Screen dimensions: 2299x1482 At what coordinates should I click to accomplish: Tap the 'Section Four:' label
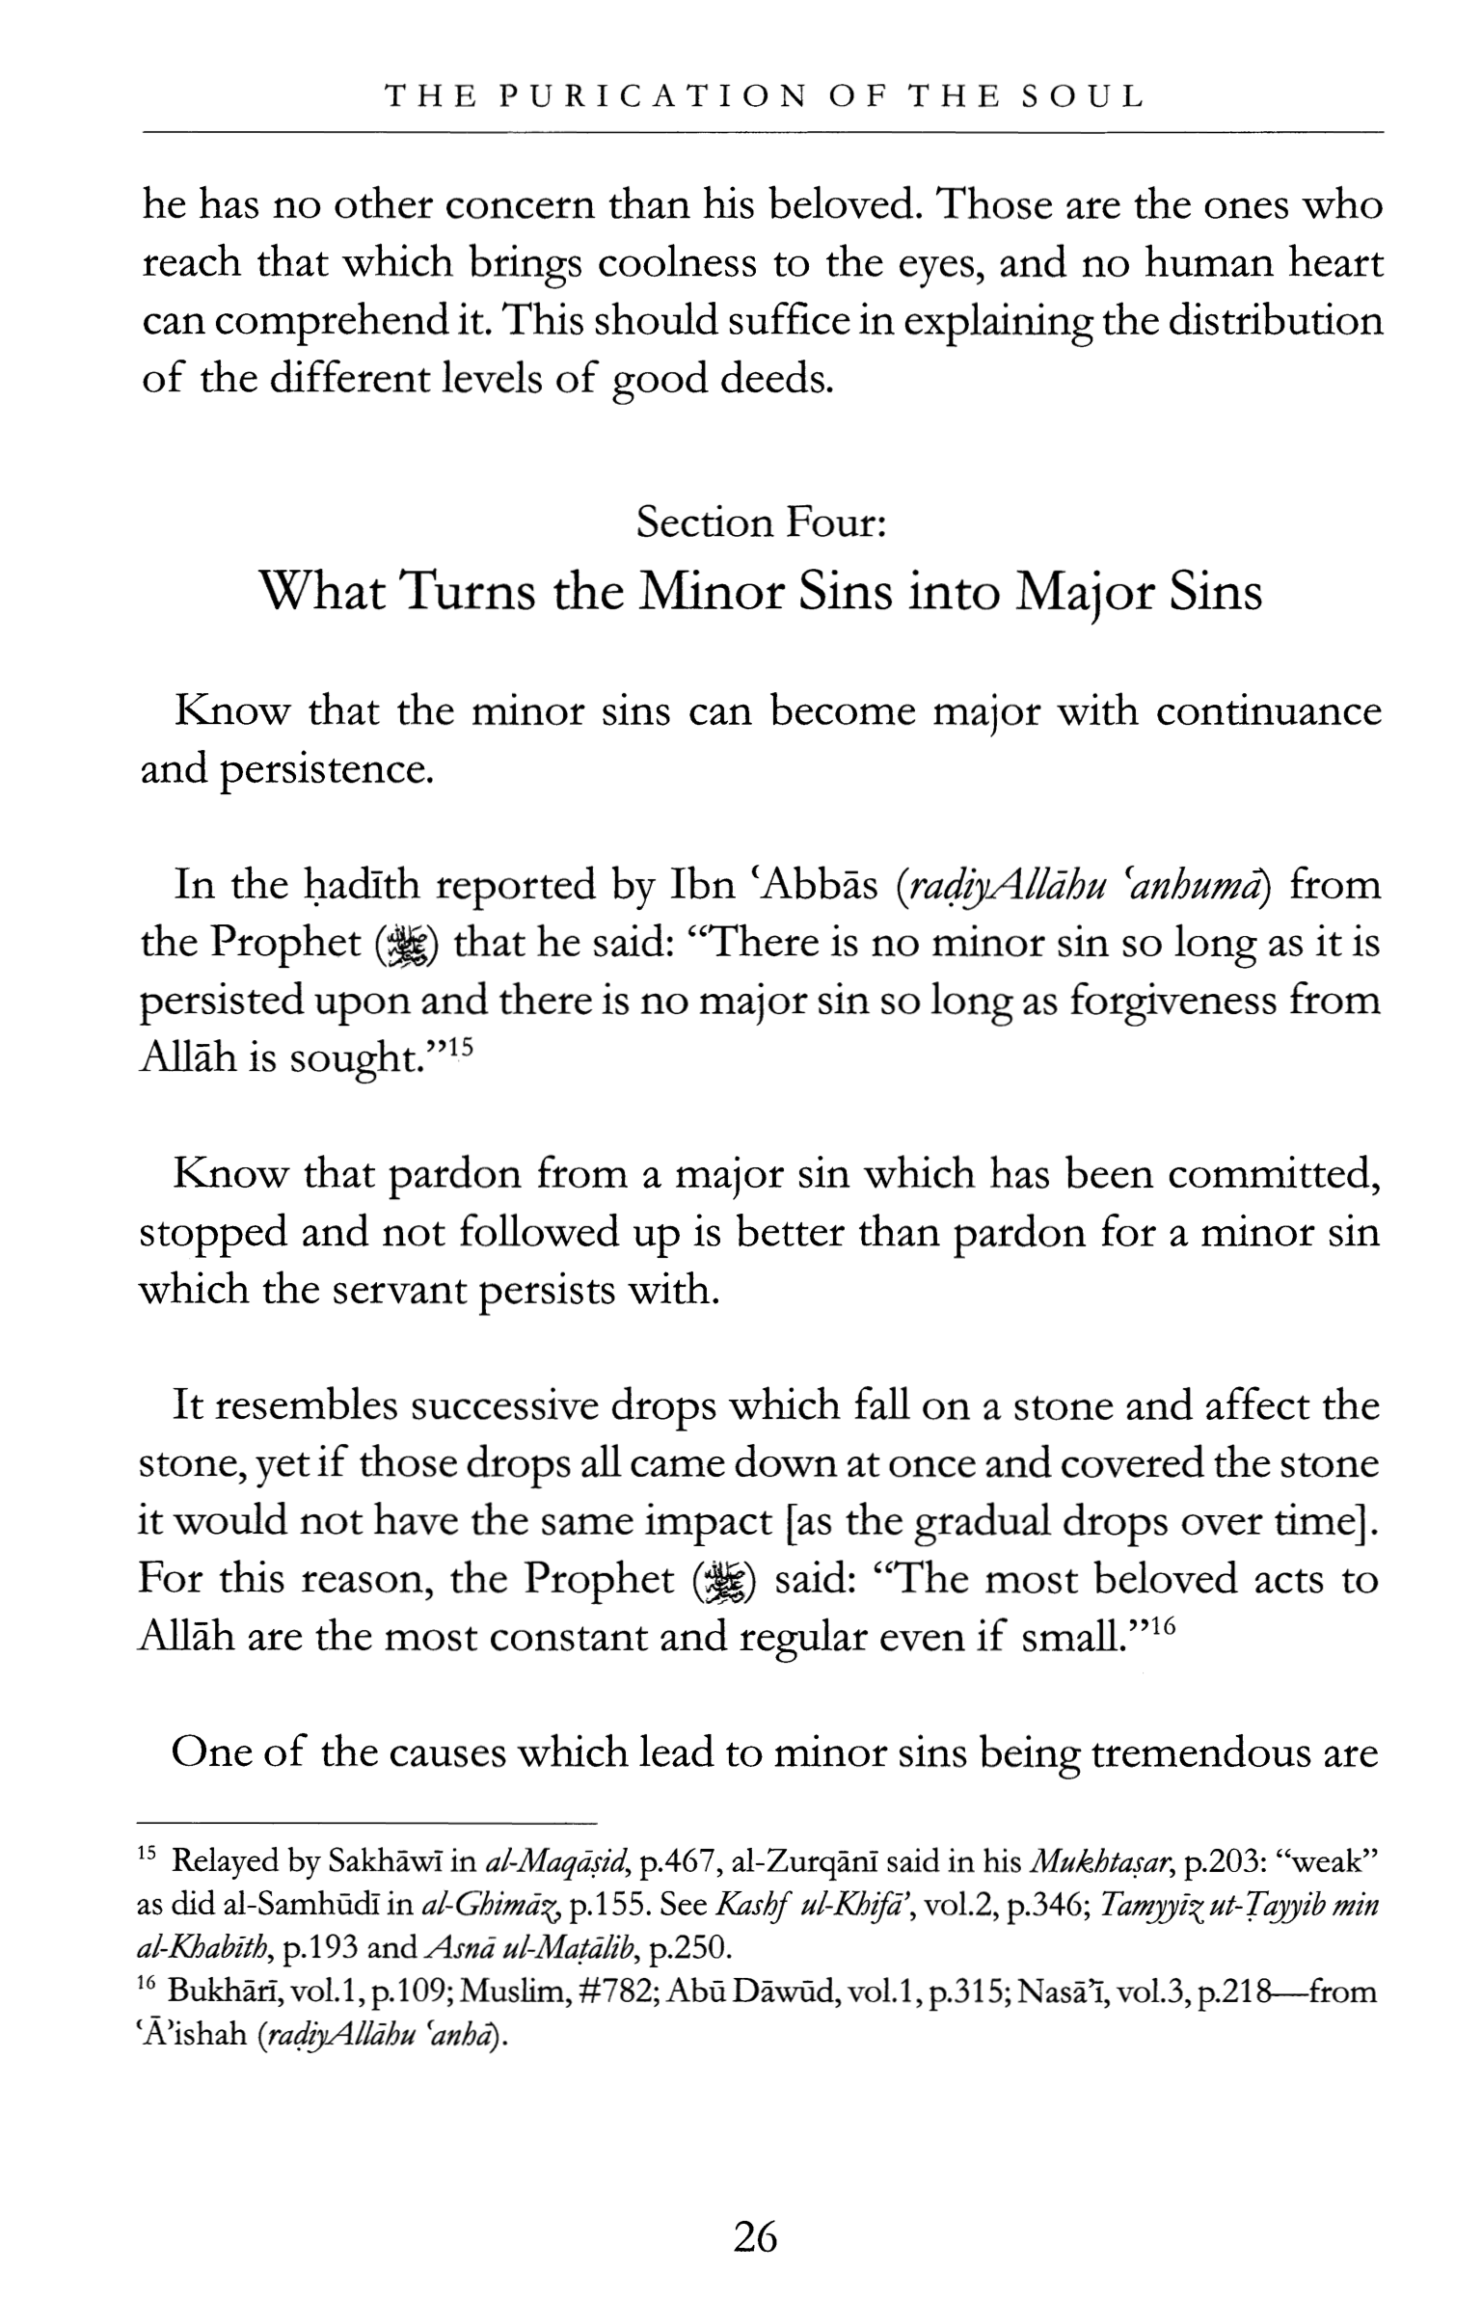761,522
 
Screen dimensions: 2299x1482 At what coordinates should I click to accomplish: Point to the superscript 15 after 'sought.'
462,1046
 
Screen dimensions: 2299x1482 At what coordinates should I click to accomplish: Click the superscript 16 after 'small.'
1164,1625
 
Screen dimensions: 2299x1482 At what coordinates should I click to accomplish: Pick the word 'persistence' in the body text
326,769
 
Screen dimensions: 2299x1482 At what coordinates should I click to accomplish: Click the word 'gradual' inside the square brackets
981,1522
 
